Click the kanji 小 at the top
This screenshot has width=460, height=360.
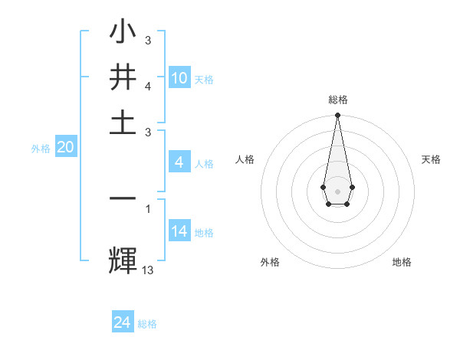point(122,34)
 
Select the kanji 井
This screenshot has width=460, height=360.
point(122,78)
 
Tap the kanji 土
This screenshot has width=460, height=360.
point(122,122)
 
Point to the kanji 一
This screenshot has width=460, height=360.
point(122,198)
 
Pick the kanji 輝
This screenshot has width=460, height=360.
point(122,259)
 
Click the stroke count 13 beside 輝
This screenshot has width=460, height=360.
point(147,270)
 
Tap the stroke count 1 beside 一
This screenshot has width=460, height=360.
point(147,207)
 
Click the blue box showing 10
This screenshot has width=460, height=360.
point(179,78)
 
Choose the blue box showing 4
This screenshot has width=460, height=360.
point(179,162)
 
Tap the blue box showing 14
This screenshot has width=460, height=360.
point(179,231)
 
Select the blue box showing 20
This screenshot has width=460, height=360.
point(65,148)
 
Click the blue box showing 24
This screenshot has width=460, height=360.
point(123,322)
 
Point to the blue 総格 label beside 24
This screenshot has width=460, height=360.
point(147,324)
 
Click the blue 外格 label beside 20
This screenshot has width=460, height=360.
point(40,149)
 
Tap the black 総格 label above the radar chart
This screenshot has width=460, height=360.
point(337,100)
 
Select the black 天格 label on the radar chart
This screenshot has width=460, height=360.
point(431,159)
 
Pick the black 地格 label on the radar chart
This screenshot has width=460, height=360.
point(402,262)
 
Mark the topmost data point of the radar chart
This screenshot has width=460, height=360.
point(337,116)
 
